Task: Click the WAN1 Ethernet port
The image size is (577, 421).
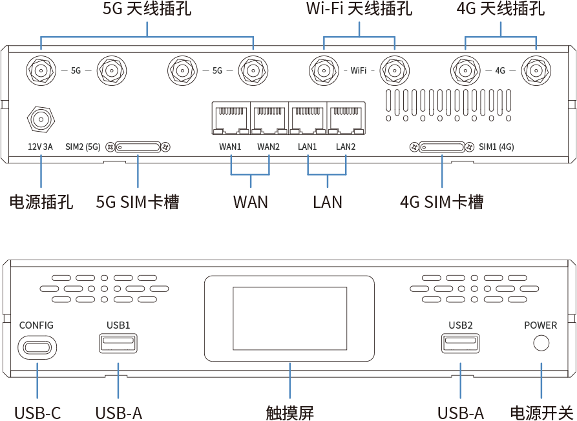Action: (x=231, y=119)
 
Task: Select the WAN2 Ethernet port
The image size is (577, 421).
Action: (x=269, y=119)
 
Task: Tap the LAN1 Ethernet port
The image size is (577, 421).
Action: (x=308, y=119)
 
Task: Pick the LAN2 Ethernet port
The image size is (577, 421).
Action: (x=346, y=119)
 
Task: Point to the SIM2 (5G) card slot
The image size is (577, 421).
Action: (x=139, y=147)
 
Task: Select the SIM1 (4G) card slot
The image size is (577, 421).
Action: (x=442, y=147)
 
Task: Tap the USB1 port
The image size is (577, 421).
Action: (x=118, y=343)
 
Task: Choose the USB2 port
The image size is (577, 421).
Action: (x=460, y=343)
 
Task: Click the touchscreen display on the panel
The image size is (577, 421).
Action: (x=289, y=319)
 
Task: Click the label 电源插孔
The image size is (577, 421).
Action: (x=41, y=202)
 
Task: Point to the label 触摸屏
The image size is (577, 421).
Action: (x=289, y=412)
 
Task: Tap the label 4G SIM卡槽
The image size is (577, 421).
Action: (x=442, y=202)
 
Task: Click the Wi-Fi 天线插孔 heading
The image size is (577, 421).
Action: (x=358, y=10)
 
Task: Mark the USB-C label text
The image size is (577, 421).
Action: (x=37, y=412)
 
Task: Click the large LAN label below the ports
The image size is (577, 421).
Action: (x=328, y=202)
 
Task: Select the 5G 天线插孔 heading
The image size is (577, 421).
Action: (x=147, y=10)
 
